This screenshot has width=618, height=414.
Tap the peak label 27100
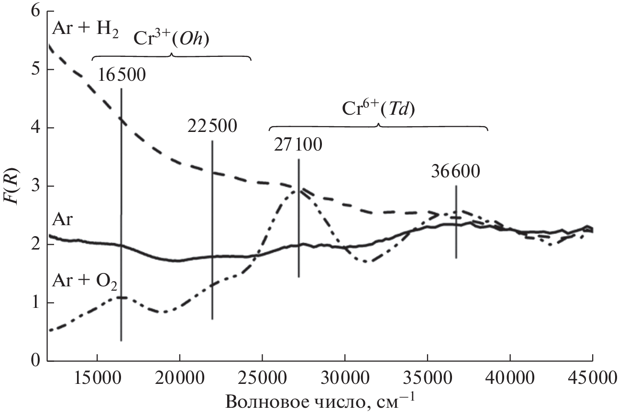[298, 145]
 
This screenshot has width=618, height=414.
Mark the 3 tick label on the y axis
[34, 186]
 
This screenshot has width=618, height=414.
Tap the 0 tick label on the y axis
[34, 361]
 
